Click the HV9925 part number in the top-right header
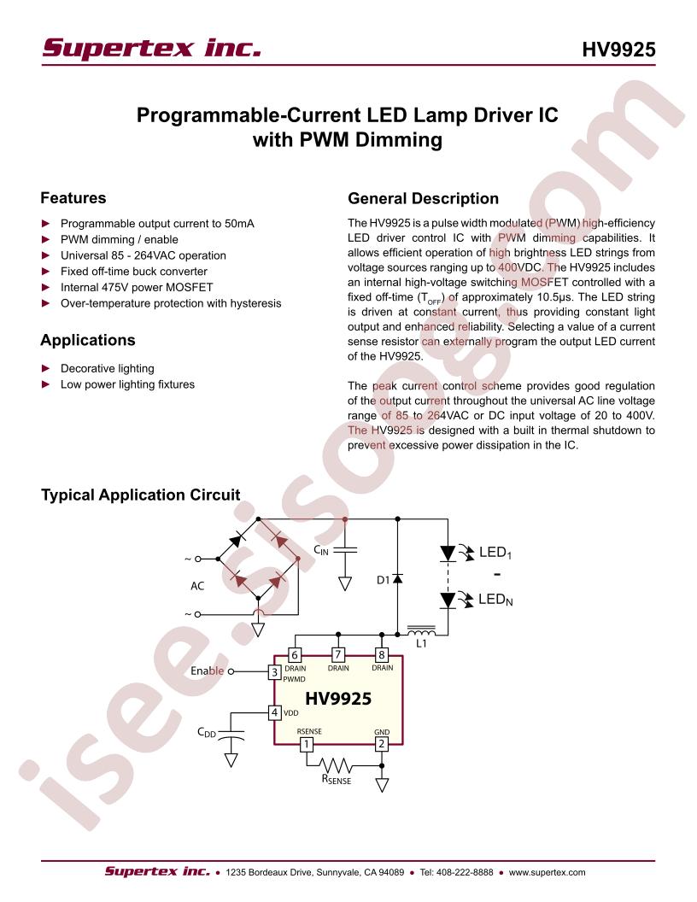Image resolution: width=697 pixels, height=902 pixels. pos(618,50)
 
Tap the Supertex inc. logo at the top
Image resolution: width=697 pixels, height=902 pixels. pos(152,49)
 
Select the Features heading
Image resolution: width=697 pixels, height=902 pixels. pos(73,198)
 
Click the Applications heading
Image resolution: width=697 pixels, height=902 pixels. pos(87,340)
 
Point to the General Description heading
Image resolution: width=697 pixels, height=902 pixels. pos(424,198)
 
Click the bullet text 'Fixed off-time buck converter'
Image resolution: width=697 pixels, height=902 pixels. pos(133,272)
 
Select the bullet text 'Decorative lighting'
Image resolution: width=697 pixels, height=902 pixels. pos(107,368)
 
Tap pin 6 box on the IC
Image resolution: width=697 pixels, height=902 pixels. pos(295,654)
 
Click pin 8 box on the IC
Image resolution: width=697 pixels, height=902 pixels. pos(381,654)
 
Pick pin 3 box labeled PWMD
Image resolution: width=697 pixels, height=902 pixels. pos(275,672)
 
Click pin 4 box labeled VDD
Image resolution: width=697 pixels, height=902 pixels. pos(275,712)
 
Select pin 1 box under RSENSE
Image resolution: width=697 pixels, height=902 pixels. pos(307,744)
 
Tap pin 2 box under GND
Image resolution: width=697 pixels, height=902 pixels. pos(381,744)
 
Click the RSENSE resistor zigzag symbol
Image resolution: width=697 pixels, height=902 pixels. pos(337,765)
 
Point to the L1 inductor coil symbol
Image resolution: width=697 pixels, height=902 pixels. pos(422,630)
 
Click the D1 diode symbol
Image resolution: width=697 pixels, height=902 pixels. pos(397,578)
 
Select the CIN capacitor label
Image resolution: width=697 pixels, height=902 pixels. pos(321,551)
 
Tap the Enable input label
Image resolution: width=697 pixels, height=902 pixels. pos(207,671)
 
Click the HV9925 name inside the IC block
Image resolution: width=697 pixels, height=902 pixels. pos(338,699)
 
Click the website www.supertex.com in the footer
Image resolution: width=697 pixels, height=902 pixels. pos(547,872)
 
